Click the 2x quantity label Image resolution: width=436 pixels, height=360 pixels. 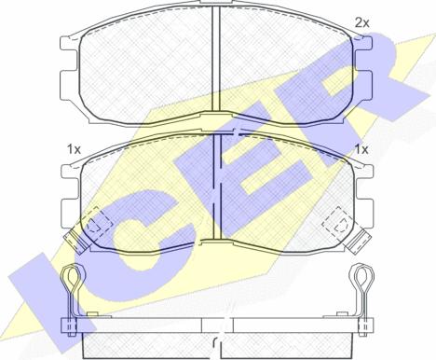click(361, 23)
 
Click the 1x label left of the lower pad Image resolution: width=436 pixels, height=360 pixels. click(74, 150)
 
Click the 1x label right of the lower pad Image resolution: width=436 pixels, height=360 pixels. click(361, 150)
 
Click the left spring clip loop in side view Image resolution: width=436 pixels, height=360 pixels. click(72, 275)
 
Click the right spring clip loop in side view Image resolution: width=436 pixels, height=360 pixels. click(362, 275)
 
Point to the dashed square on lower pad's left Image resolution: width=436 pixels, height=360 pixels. click(97, 223)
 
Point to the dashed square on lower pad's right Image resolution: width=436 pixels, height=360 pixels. click(338, 222)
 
